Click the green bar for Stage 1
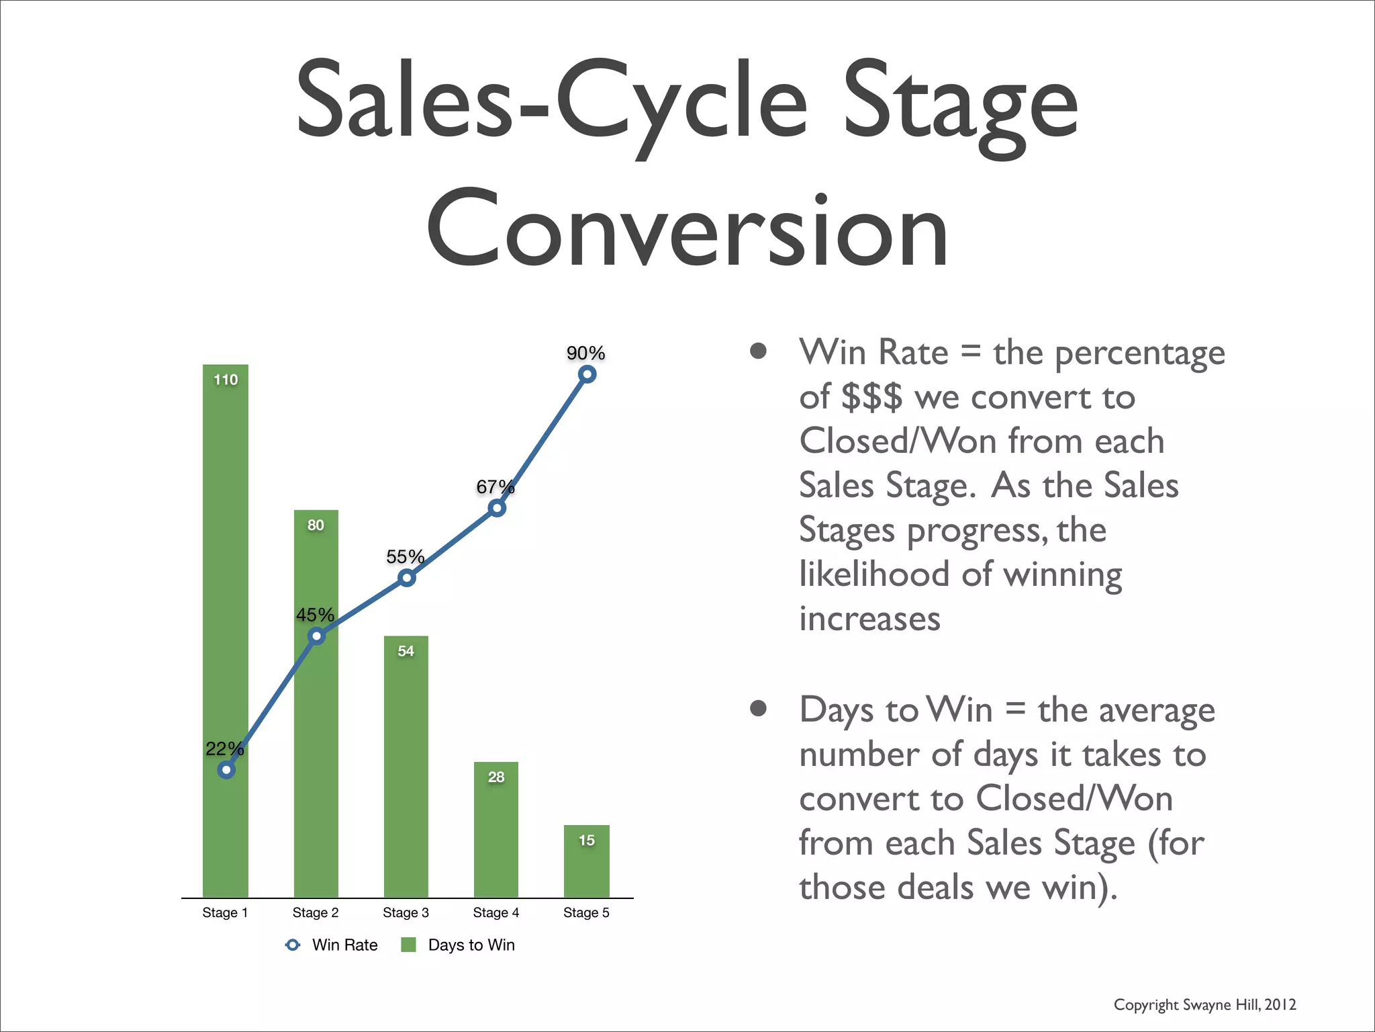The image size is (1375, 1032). coord(225,537)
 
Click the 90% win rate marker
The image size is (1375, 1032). coord(587,374)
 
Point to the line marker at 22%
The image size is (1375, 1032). coord(226,770)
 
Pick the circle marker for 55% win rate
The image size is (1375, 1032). coord(406,578)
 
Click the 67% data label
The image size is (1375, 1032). coord(495,486)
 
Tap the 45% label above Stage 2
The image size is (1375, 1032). coord(315,615)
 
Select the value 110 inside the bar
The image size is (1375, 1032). coord(226,380)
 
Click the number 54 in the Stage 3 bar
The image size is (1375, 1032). coord(406,651)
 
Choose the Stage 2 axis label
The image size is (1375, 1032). coord(315,912)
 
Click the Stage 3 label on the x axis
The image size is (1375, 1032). coord(406,912)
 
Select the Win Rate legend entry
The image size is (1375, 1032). coord(332,945)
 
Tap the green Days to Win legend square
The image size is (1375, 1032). coord(408,945)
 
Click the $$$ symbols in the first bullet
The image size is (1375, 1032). coord(871,396)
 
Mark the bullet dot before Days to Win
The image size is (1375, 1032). coord(759,709)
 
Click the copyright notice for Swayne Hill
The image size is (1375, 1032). coord(1204,1004)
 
